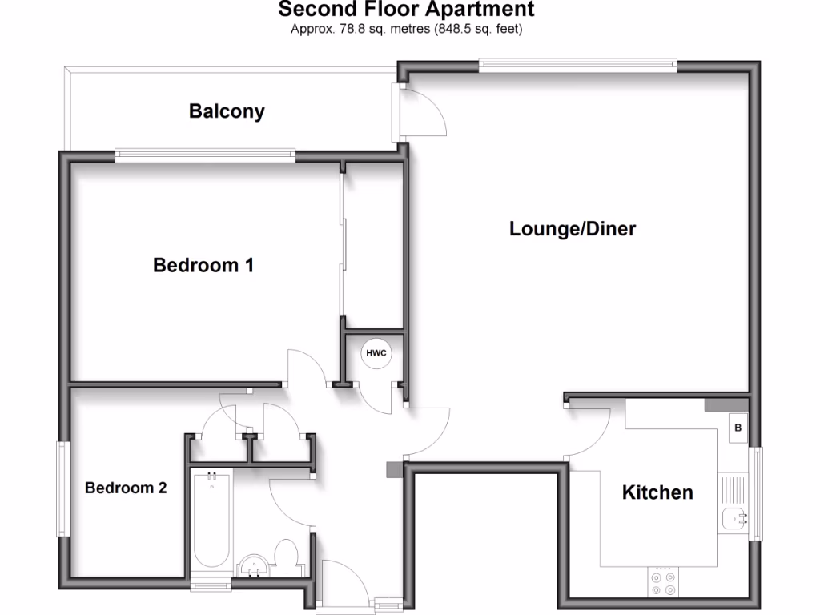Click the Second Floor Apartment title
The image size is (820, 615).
[406, 10]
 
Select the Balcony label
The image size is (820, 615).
[227, 111]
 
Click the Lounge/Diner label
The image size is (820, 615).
[573, 229]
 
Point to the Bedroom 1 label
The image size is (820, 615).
[203, 265]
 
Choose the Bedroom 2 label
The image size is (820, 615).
[126, 488]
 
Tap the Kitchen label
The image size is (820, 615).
[657, 492]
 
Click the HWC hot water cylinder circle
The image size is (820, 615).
[375, 353]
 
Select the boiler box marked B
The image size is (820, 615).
[738, 428]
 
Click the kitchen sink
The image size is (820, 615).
[734, 520]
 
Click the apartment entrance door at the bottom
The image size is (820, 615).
[344, 585]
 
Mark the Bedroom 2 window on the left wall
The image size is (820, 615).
[61, 488]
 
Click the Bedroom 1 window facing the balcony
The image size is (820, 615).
[205, 155]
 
